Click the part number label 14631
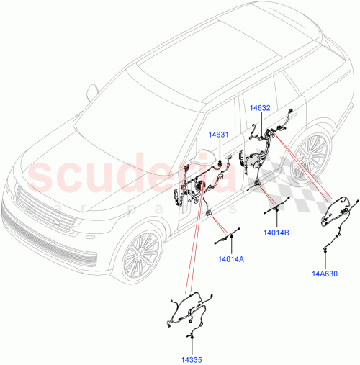tap(219, 134)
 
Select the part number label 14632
tap(260, 108)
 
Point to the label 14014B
tap(276, 233)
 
